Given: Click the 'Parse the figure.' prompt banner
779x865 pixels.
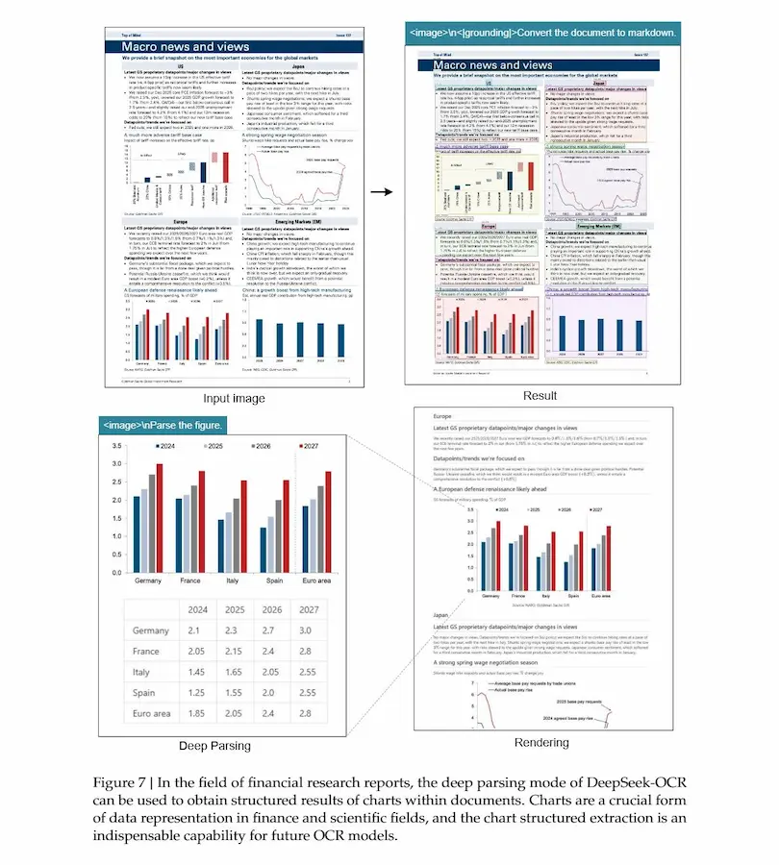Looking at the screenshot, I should [x=163, y=424].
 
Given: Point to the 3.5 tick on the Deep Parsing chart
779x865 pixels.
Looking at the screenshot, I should [x=115, y=447].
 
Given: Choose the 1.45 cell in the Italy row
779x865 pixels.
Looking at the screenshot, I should [x=199, y=672].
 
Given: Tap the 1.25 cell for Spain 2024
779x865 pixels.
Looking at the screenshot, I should [x=199, y=693].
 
